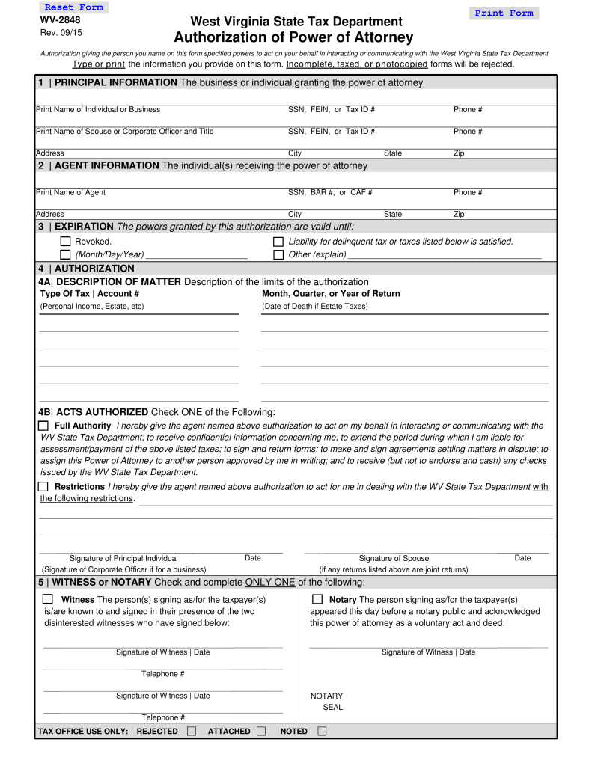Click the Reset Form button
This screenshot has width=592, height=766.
pos(73,7)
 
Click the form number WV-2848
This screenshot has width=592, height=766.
pos(60,20)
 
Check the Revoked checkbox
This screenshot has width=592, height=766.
pos(65,242)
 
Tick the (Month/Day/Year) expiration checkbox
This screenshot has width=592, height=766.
pos(65,254)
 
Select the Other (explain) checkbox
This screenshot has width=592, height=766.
pos(278,254)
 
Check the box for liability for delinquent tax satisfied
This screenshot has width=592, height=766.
pos(278,242)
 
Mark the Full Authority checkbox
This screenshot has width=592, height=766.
pos(43,426)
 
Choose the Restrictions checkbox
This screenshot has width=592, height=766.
pos(43,486)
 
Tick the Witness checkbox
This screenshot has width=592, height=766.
pos(48,599)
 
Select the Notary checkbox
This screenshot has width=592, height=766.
pos(317,599)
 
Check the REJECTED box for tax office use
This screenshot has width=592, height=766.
pos(192,731)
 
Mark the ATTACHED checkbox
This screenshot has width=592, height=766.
pos(261,731)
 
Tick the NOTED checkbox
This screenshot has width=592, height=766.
pos(322,731)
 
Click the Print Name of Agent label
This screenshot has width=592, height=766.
pos(71,193)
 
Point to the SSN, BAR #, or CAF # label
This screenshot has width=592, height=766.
pos(330,193)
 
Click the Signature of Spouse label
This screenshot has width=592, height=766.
pos(394,558)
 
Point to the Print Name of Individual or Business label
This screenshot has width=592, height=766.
pos(98,110)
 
